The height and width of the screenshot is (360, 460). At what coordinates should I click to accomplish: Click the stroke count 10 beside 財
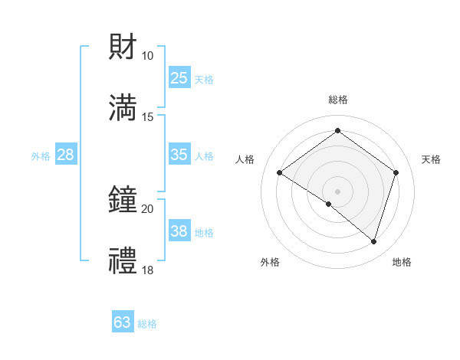click(x=147, y=56)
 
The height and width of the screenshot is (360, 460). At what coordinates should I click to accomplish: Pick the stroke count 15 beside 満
click(x=147, y=116)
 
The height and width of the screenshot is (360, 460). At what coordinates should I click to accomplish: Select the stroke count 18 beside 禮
click(x=147, y=270)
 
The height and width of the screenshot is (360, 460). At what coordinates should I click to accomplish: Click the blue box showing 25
click(x=179, y=78)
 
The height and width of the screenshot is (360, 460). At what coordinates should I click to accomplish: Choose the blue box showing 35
click(x=179, y=155)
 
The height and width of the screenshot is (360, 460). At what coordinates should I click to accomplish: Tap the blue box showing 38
click(x=179, y=231)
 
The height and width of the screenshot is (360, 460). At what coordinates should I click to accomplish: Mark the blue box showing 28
click(x=66, y=155)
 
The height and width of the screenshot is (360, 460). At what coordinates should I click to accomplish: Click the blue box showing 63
click(x=123, y=322)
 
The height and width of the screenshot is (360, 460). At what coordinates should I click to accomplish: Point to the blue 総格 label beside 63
click(x=147, y=324)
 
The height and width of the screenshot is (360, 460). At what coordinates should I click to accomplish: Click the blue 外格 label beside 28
click(x=41, y=156)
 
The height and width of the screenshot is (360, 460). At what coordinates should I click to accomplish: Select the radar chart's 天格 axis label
click(x=431, y=159)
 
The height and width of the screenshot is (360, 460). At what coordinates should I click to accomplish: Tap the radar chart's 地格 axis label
click(x=402, y=262)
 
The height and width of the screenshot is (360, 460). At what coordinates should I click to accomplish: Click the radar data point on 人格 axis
click(x=279, y=173)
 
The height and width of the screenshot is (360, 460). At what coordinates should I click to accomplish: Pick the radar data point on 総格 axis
click(x=337, y=131)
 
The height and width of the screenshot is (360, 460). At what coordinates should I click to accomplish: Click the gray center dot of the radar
click(x=337, y=191)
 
